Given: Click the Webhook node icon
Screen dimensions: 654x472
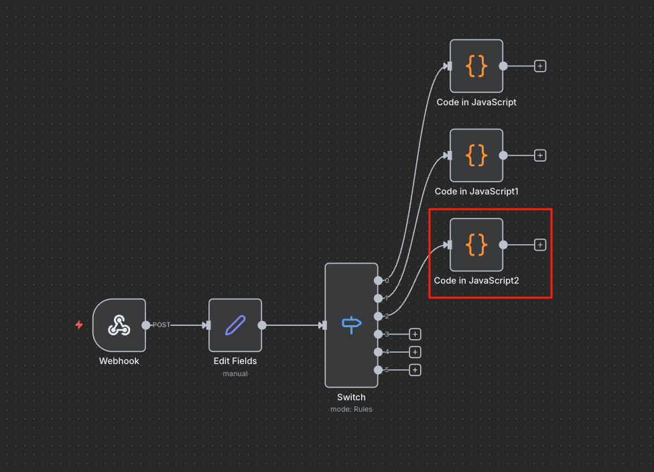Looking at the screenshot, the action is tap(119, 325).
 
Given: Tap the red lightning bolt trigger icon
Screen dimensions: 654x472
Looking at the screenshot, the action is tap(79, 324).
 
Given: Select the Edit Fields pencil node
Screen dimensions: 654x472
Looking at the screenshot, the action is tap(235, 325).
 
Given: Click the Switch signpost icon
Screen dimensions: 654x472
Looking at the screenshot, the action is tap(352, 325).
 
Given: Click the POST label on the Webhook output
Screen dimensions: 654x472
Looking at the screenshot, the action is tap(161, 325).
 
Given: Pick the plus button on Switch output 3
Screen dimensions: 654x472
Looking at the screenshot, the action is tap(415, 335).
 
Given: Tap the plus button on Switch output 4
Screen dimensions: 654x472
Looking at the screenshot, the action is tap(415, 352).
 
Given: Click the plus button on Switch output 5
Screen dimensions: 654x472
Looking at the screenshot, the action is tap(415, 370).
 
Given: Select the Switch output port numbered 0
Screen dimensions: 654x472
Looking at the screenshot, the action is tap(379, 280).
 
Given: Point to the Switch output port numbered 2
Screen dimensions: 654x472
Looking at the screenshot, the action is tap(379, 316).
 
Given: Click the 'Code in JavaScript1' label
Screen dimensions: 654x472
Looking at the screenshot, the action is tap(476, 192).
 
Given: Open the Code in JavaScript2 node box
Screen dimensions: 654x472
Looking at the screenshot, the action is tap(476, 245).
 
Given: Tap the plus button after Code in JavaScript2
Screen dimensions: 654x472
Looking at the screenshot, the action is tap(540, 245).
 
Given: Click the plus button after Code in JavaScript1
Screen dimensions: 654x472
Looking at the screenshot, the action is tap(540, 156).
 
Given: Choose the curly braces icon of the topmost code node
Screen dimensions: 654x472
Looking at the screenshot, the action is tap(476, 66).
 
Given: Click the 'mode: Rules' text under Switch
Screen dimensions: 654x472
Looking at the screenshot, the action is tap(351, 410).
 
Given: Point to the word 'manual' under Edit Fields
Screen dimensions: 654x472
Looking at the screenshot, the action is tap(235, 373).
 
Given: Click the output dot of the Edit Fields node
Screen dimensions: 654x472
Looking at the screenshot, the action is tap(262, 325).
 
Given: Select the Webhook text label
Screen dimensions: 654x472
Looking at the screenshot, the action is tap(119, 361).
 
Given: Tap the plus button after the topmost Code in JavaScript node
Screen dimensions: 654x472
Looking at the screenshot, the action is tap(540, 66).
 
